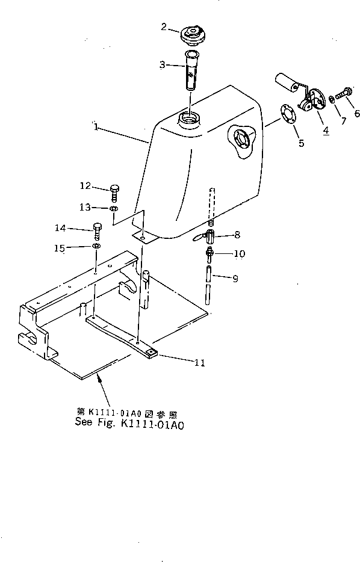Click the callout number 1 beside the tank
tap(96, 127)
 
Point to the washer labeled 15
tap(96, 246)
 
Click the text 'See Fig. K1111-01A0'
tap(129, 422)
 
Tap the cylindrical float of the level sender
tap(287, 82)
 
